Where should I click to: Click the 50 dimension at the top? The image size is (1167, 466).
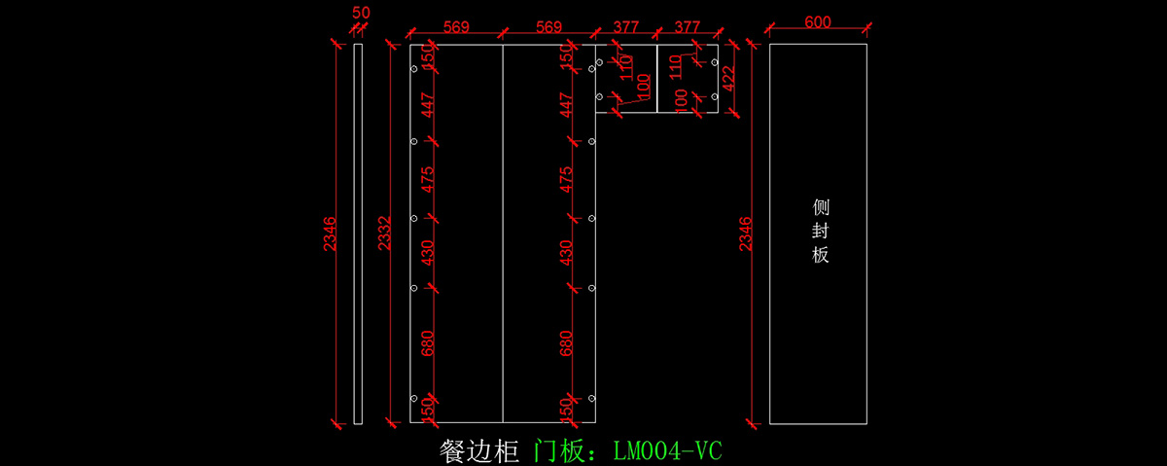click(361, 13)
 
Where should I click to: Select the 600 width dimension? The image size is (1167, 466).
click(817, 23)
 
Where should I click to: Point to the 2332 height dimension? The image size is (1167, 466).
click(385, 233)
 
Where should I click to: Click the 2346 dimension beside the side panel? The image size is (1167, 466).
click(746, 233)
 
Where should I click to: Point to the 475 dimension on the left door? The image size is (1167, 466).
click(428, 180)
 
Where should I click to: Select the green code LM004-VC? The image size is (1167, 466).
click(667, 450)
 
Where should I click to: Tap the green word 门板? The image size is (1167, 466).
click(564, 450)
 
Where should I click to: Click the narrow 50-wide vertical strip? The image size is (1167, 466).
click(358, 233)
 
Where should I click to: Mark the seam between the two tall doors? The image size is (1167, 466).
click(503, 233)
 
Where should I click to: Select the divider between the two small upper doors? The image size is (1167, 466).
click(657, 78)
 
